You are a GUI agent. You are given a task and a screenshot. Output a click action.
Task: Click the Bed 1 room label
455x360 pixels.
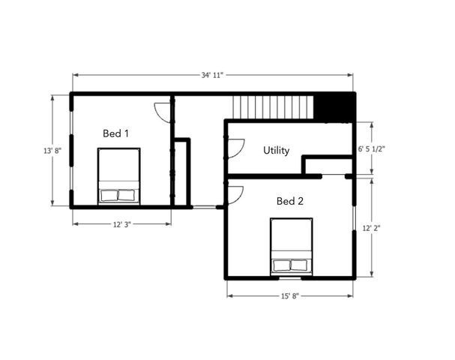pyautogui.click(x=116, y=133)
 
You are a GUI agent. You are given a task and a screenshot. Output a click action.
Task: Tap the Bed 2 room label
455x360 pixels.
pyautogui.click(x=289, y=201)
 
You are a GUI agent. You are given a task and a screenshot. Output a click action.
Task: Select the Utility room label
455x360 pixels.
pyautogui.click(x=276, y=151)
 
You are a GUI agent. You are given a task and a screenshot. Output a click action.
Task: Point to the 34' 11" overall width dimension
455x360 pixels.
pyautogui.click(x=212, y=75)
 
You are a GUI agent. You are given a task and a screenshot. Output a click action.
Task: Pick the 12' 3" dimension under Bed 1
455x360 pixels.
pyautogui.click(x=121, y=224)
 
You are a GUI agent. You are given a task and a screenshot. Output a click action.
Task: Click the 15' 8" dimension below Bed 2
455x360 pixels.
pyautogui.click(x=289, y=296)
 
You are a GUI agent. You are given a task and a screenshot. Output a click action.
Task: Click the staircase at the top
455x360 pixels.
pyautogui.click(x=271, y=107)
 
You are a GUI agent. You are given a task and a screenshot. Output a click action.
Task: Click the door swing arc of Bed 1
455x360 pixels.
pyautogui.click(x=162, y=112)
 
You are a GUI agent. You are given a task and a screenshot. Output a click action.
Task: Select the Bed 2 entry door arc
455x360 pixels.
pyautogui.click(x=234, y=194)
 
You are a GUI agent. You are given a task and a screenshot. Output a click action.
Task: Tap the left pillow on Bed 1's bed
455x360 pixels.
pyautogui.click(x=109, y=196)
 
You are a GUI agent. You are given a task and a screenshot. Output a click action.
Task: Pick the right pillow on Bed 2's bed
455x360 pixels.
pyautogui.click(x=300, y=265)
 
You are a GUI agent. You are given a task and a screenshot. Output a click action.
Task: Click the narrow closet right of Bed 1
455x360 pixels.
pyautogui.click(x=181, y=172)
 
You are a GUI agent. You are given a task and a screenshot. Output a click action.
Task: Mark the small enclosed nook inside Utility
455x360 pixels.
pyautogui.click(x=327, y=166)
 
